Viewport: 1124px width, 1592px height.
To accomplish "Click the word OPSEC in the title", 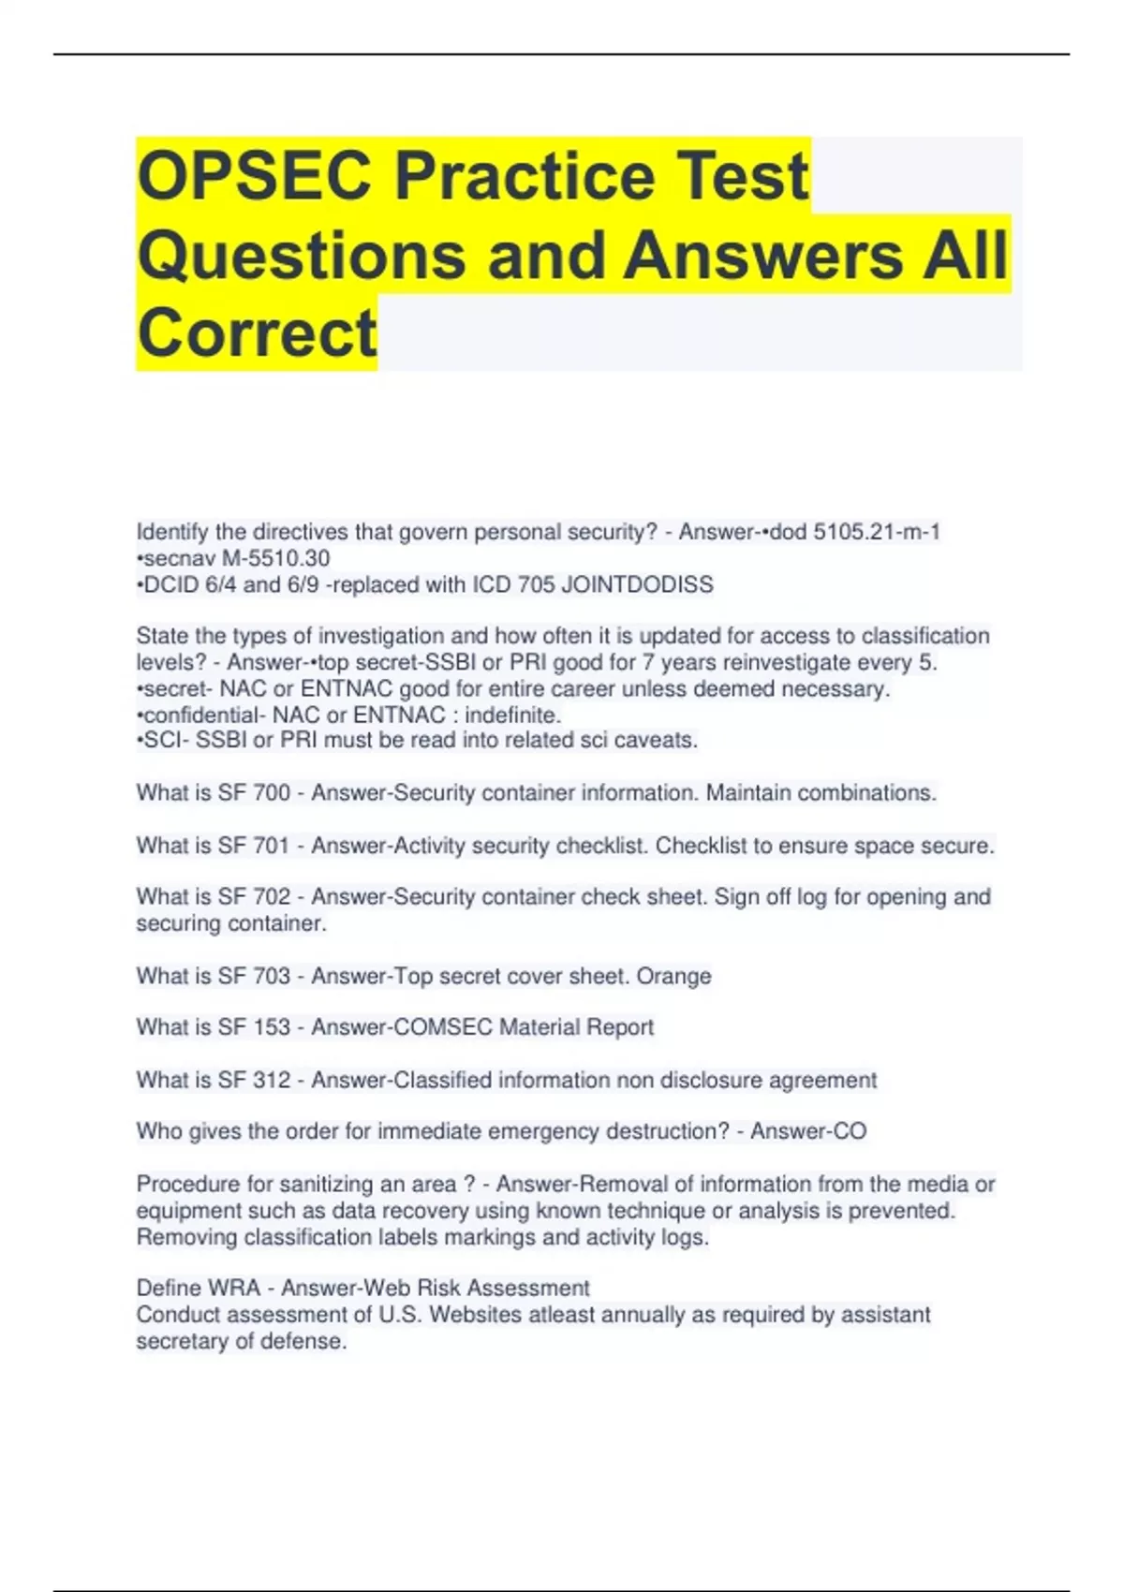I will (254, 176).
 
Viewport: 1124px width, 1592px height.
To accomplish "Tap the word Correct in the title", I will (257, 333).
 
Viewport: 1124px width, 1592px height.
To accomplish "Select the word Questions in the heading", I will (302, 256).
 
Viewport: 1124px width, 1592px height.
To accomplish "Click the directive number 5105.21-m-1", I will (876, 532).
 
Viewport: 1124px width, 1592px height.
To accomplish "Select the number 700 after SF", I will (272, 793).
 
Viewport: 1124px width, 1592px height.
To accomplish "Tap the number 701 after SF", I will (272, 846).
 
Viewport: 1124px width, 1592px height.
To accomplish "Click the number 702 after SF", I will (272, 897).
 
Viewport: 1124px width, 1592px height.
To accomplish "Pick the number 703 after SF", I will (272, 976).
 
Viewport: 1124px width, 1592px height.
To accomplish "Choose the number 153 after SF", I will (272, 1027).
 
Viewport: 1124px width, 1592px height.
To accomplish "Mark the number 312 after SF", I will (272, 1080).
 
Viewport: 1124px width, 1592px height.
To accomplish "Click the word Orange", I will (673, 976).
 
